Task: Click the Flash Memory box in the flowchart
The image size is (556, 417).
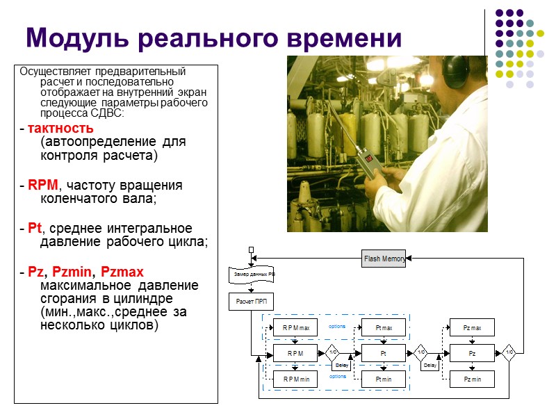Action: pyautogui.click(x=383, y=259)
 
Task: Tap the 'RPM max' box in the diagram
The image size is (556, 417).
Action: pyautogui.click(x=295, y=327)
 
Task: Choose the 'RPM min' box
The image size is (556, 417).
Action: pyautogui.click(x=295, y=379)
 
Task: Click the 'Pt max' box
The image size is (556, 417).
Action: pyautogui.click(x=384, y=327)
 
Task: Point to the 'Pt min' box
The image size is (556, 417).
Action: pyautogui.click(x=384, y=379)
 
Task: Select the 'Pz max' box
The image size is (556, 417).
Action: pyautogui.click(x=472, y=327)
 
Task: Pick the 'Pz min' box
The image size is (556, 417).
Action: pyautogui.click(x=472, y=379)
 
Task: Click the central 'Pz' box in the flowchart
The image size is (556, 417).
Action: pyautogui.click(x=472, y=353)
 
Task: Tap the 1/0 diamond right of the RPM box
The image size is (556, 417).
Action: pyautogui.click(x=332, y=353)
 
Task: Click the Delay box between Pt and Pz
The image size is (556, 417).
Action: pyautogui.click(x=430, y=366)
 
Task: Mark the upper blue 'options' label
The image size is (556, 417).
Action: pyautogui.click(x=338, y=326)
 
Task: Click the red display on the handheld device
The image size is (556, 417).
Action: pyautogui.click(x=368, y=158)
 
